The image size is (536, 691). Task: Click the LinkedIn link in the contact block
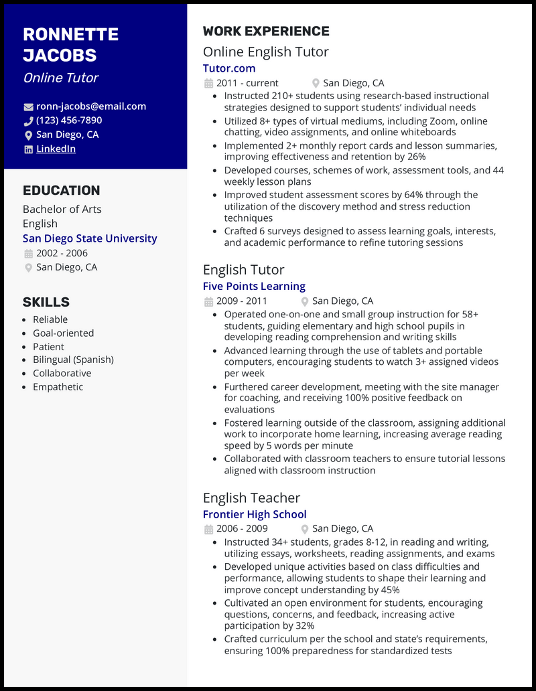pyautogui.click(x=56, y=149)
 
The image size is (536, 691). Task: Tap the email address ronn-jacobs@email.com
pyautogui.click(x=90, y=106)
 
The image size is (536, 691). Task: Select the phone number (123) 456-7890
pyautogui.click(x=69, y=121)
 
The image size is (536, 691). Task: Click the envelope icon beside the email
pyautogui.click(x=28, y=106)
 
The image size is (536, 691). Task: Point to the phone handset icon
pyautogui.click(x=28, y=121)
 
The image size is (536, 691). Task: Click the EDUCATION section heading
pyautogui.click(x=61, y=190)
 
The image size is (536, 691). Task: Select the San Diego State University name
pyautogui.click(x=90, y=238)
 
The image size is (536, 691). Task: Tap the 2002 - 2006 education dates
pyautogui.click(x=62, y=253)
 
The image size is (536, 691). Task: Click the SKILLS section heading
pyautogui.click(x=46, y=302)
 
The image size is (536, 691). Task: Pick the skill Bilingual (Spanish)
pyautogui.click(x=73, y=360)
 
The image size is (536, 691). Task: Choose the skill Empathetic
pyautogui.click(x=58, y=386)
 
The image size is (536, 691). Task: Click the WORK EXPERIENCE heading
pyautogui.click(x=266, y=31)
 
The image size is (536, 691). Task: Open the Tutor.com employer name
pyautogui.click(x=229, y=68)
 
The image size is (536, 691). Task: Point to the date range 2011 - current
pyautogui.click(x=247, y=83)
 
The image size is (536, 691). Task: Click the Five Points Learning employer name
pyautogui.click(x=254, y=286)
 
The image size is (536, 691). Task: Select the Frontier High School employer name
pyautogui.click(x=255, y=514)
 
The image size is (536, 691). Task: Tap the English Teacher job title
pyautogui.click(x=251, y=497)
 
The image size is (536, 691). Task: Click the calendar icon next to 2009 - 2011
pyautogui.click(x=208, y=301)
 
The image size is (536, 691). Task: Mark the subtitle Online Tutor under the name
pyautogui.click(x=60, y=78)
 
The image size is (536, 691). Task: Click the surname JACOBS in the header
pyautogui.click(x=60, y=55)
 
